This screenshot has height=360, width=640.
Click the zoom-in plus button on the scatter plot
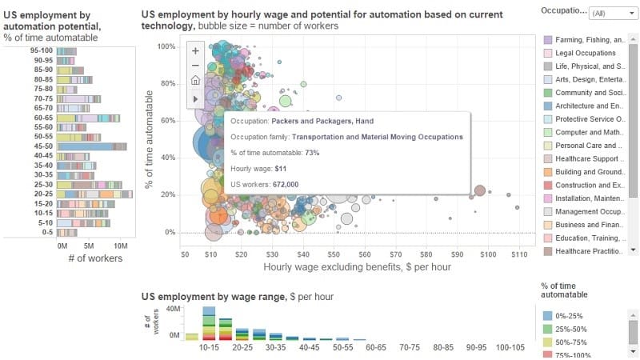click(195, 50)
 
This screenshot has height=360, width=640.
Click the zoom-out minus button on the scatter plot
click(195, 65)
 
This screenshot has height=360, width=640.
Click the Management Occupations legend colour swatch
click(548, 212)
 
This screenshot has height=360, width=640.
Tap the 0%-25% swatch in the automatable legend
click(548, 315)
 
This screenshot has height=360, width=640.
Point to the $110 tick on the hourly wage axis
click(518, 254)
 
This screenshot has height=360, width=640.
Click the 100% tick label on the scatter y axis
click(165, 46)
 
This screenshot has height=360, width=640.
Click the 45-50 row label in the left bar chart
click(42, 146)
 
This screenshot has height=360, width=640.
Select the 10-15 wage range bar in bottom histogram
click(209, 324)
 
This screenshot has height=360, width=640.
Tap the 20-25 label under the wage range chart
click(242, 349)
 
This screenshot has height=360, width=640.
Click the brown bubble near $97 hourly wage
click(480, 190)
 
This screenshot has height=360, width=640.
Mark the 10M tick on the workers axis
click(120, 246)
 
